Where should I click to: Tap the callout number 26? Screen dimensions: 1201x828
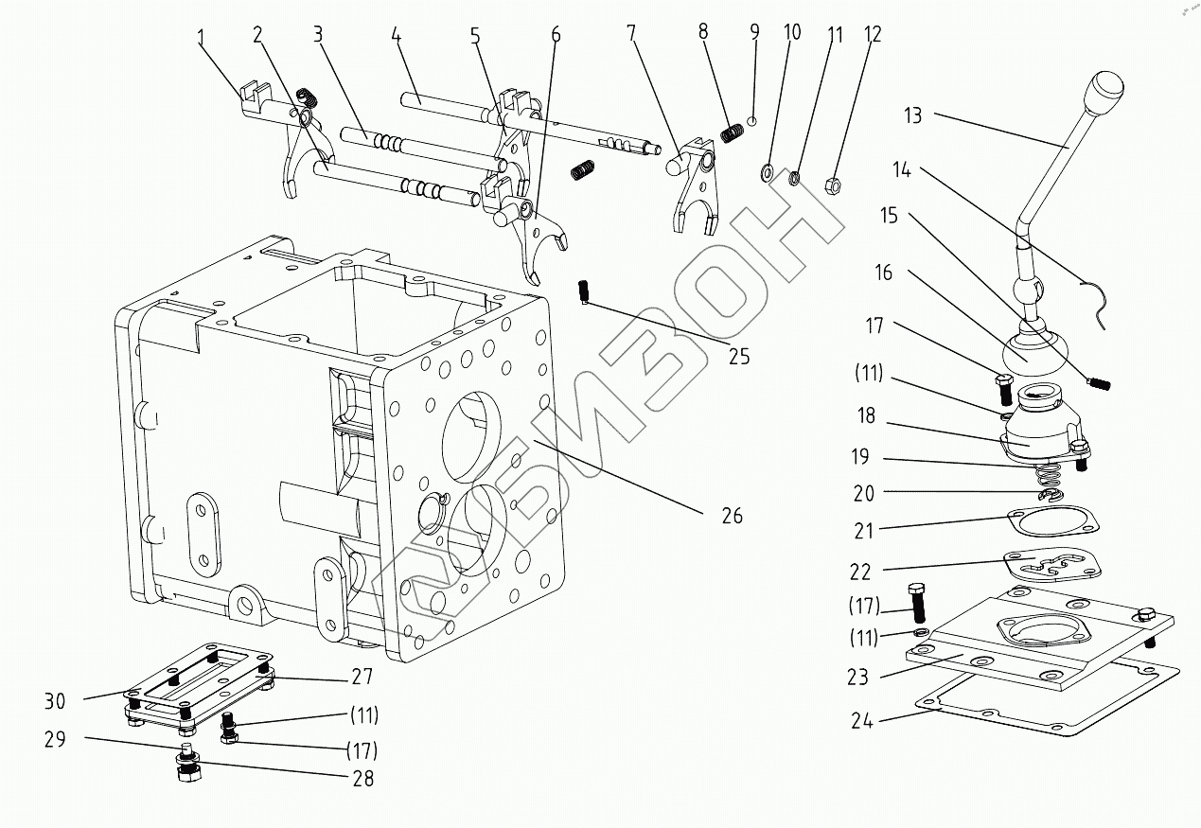732,516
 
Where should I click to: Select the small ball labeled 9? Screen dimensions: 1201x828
752,120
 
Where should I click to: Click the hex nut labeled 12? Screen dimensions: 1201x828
833,185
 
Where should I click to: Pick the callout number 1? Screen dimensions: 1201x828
202,39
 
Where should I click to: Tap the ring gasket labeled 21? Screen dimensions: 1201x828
1053,520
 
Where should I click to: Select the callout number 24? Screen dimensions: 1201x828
861,721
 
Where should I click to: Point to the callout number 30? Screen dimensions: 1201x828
54,701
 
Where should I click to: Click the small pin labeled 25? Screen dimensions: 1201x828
583,292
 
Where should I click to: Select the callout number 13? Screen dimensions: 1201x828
913,115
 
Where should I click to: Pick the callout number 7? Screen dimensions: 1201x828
631,33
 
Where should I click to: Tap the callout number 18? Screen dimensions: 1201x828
866,415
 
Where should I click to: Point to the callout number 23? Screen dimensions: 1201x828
857,678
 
